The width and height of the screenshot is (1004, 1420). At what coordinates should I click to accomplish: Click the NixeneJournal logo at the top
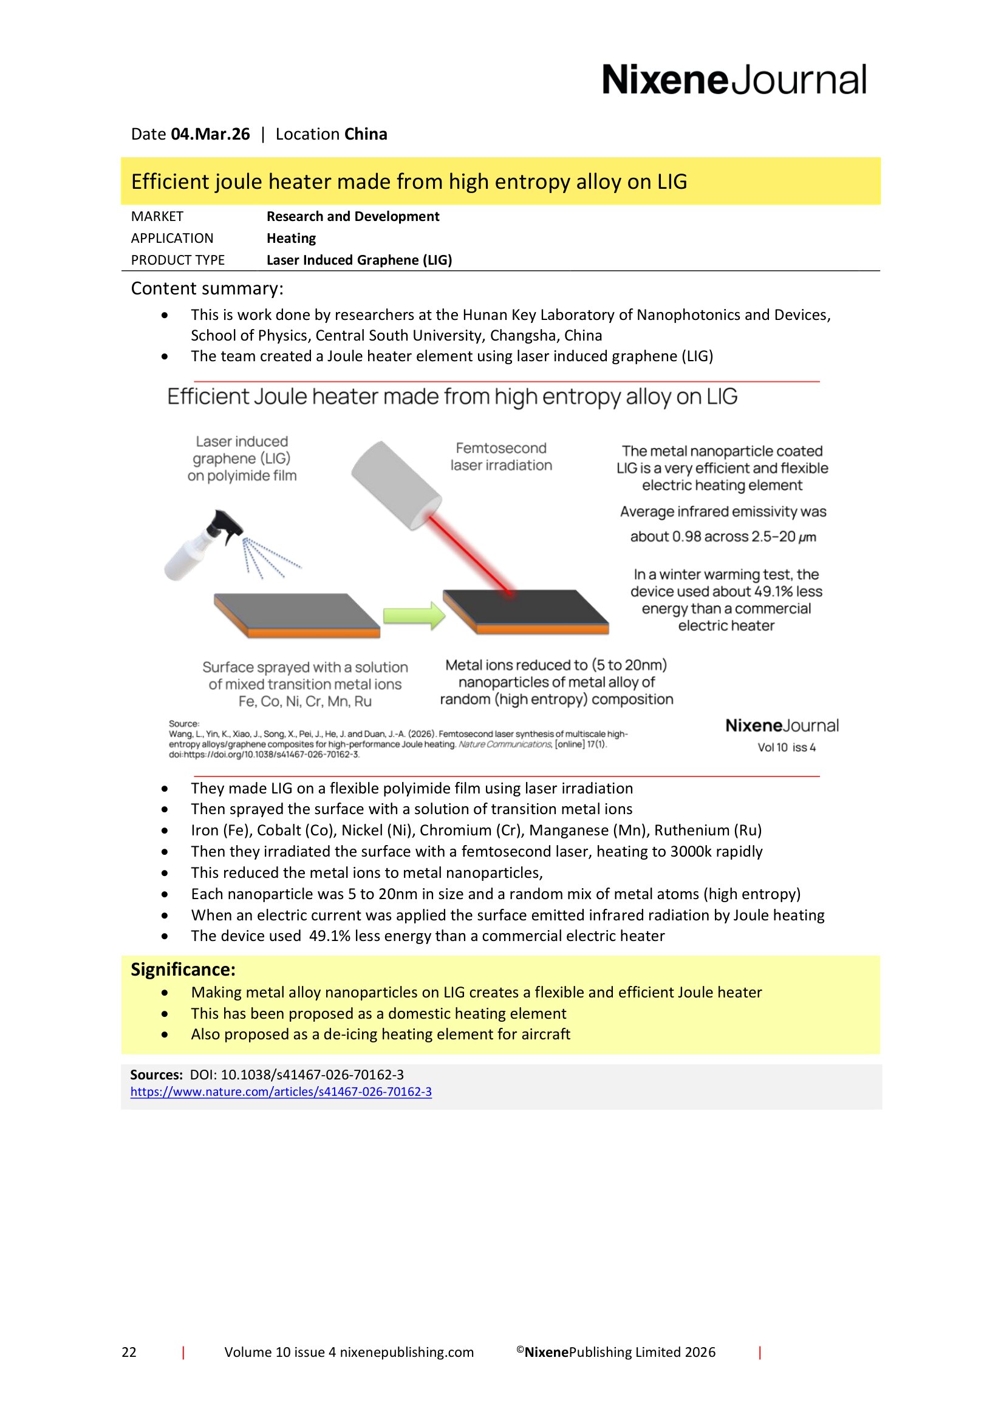[734, 80]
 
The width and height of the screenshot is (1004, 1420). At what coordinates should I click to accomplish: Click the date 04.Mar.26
[210, 134]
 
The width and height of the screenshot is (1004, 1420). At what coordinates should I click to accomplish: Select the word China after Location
[366, 134]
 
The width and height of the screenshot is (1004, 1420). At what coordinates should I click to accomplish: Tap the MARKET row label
[157, 217]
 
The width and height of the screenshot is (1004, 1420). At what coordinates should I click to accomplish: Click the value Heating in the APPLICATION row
[291, 238]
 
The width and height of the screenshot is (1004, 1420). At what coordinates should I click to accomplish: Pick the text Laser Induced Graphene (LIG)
[359, 260]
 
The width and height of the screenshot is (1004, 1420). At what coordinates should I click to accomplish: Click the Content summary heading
[207, 288]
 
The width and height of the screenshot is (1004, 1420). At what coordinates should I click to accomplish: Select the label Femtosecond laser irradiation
[501, 457]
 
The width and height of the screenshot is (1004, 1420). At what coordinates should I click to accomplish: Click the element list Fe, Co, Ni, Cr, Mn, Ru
[305, 701]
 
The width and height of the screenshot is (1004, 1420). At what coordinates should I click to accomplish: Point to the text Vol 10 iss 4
[786, 747]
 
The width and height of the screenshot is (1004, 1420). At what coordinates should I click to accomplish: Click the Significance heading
[183, 969]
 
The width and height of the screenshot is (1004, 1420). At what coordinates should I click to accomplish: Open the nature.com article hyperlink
[281, 1092]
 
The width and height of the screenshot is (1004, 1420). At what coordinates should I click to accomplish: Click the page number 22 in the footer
[129, 1352]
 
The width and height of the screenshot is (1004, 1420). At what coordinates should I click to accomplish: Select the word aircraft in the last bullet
[545, 1034]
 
